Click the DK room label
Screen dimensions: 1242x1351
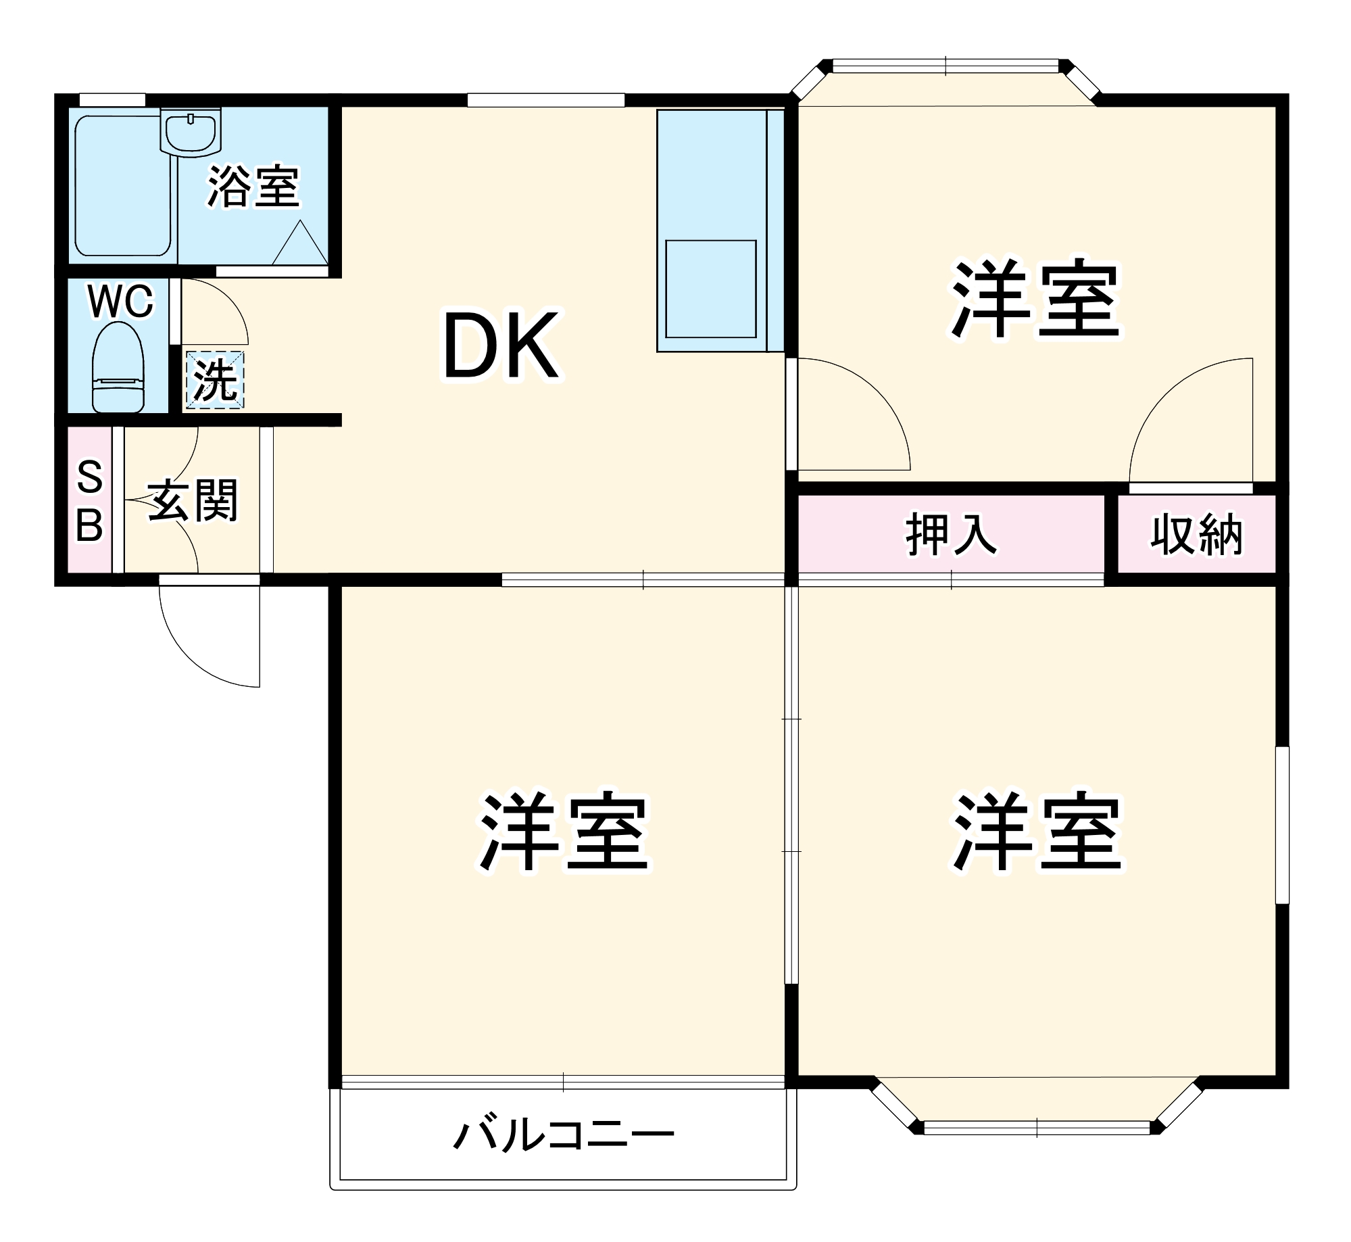click(x=501, y=345)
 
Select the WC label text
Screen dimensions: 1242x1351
click(x=120, y=302)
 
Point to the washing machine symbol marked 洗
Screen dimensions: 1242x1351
click(x=215, y=380)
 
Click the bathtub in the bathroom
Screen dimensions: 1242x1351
click(x=122, y=186)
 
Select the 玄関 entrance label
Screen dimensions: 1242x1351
click(x=193, y=500)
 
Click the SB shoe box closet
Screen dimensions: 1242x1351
click(x=90, y=500)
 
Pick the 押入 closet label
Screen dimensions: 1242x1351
click(x=950, y=535)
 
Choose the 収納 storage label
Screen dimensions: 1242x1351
click(x=1196, y=535)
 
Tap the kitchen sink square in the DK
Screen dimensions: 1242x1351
click(x=710, y=289)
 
